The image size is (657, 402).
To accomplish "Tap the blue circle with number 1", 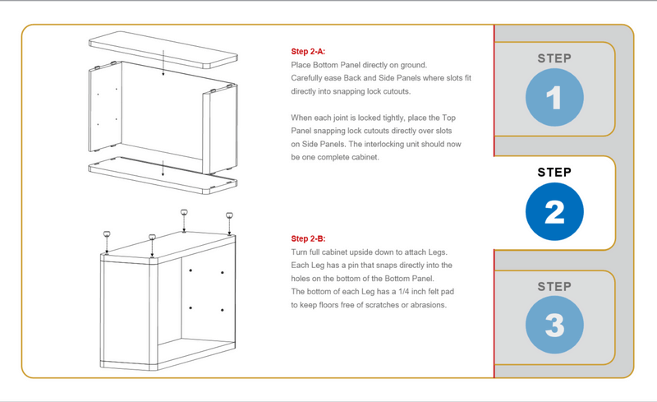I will [554, 99].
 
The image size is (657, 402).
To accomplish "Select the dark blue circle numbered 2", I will [554, 212].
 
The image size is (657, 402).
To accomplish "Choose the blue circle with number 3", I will [554, 326].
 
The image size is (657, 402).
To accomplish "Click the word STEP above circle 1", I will [554, 58].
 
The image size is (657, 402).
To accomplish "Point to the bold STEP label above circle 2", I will [554, 173].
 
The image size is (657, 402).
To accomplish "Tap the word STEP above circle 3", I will [554, 286].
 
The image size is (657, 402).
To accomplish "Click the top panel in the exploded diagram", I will [160, 50].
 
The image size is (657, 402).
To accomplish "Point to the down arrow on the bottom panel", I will [163, 169].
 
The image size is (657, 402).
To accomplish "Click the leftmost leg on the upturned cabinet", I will [107, 238].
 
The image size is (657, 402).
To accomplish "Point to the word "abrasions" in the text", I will [425, 305].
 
